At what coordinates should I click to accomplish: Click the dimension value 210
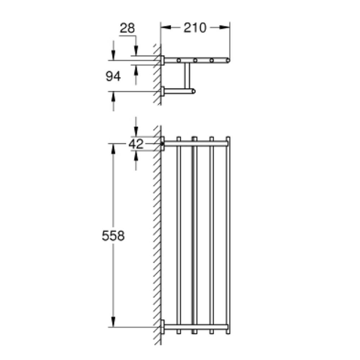(195, 28)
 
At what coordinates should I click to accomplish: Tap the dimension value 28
(127, 28)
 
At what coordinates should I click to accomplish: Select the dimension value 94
(113, 76)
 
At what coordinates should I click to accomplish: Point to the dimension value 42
(136, 144)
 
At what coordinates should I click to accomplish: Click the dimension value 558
(113, 235)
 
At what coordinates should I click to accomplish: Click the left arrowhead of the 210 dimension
(166, 27)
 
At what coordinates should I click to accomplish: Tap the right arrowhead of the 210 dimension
(225, 27)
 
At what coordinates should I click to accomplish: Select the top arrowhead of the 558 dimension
(113, 149)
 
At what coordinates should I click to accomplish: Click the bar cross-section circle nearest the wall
(179, 60)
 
